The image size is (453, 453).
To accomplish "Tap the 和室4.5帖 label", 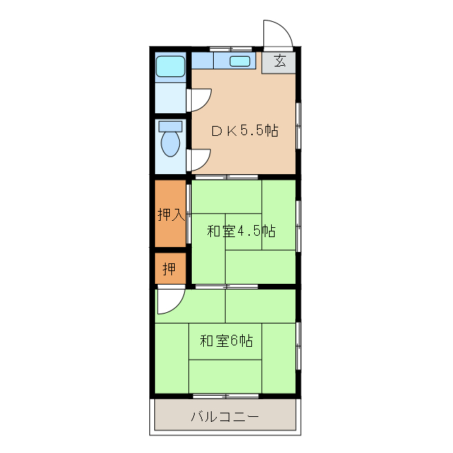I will click(x=241, y=231).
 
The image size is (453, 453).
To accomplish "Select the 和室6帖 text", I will click(x=226, y=341).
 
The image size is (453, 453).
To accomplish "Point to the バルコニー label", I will click(x=224, y=416).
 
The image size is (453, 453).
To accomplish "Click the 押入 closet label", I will click(x=171, y=214).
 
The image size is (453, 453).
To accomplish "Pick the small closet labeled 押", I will click(x=170, y=269).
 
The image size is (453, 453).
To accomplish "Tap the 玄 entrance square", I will click(x=280, y=62).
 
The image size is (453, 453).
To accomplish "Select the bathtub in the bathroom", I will click(x=170, y=67).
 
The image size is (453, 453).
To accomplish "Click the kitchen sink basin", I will click(x=240, y=62).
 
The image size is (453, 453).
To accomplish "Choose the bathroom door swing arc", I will click(x=199, y=100).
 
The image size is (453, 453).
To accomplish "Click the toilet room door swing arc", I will click(x=199, y=160).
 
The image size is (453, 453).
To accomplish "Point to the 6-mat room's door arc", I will click(x=170, y=302).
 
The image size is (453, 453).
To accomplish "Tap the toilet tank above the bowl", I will click(x=171, y=126).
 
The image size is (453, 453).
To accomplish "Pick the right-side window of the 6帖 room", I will click(x=298, y=345).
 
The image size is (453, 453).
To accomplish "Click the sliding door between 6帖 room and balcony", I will click(x=225, y=395).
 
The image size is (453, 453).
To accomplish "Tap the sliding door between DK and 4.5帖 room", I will click(x=226, y=176).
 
